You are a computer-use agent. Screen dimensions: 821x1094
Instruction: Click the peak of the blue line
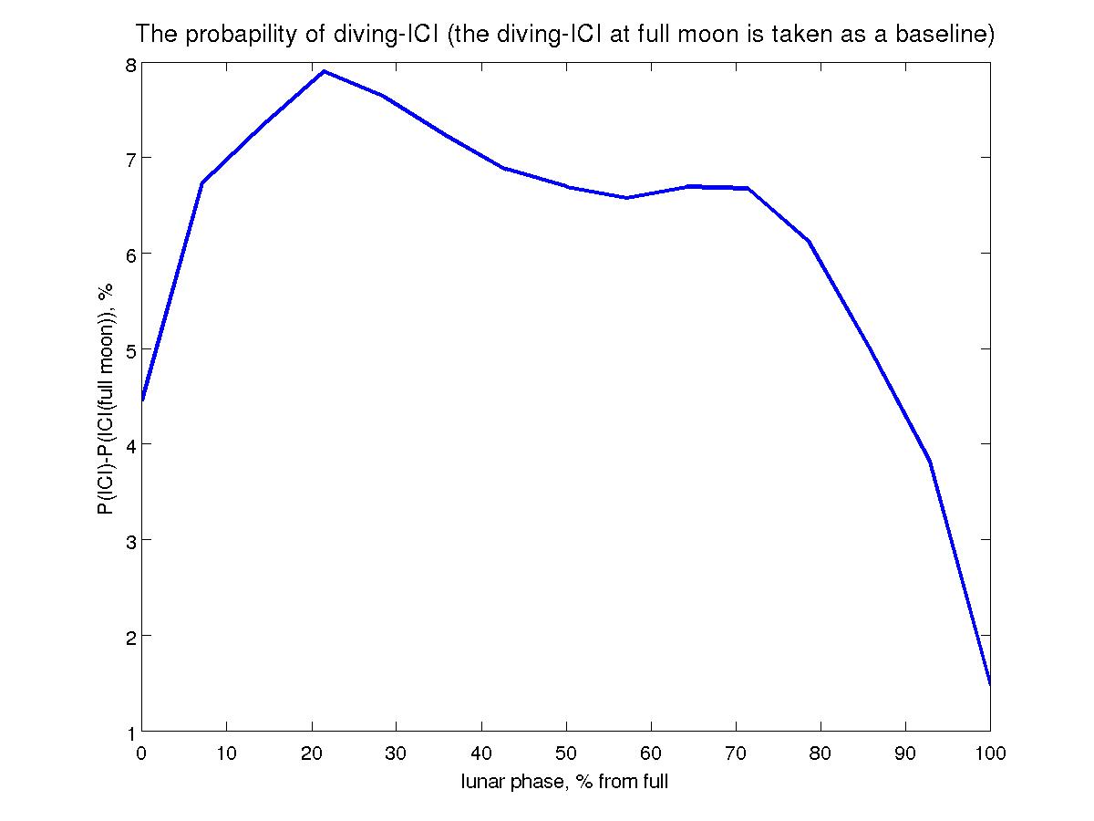(324, 71)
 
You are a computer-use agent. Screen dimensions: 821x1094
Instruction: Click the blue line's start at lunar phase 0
(142, 400)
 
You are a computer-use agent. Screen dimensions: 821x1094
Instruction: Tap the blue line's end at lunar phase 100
(990, 682)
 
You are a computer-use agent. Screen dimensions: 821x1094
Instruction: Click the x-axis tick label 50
(566, 753)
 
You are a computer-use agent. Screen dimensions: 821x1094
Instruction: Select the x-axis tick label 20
(312, 753)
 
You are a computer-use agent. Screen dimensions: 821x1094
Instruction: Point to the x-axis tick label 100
(990, 753)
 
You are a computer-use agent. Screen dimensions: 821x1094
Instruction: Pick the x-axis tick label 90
(905, 753)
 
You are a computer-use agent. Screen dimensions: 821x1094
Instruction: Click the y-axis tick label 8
(130, 65)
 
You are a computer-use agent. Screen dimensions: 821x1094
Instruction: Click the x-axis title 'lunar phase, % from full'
(565, 782)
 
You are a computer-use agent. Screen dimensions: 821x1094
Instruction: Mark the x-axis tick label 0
(142, 753)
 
